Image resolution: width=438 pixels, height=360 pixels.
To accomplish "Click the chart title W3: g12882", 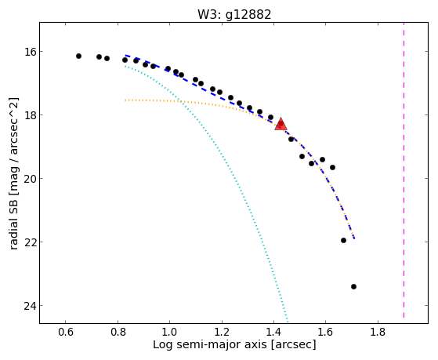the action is click(x=234, y=14).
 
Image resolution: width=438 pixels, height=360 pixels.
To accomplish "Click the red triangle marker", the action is click(x=281, y=125).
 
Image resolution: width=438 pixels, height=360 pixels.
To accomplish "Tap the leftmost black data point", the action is click(x=78, y=56).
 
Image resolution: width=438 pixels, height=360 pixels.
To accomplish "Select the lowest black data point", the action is click(x=353, y=286).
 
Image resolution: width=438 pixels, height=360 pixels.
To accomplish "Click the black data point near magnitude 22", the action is click(x=344, y=240).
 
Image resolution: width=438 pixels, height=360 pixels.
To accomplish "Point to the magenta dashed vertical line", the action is click(x=404, y=170).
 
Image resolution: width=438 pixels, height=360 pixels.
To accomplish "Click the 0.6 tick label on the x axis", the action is click(x=66, y=333).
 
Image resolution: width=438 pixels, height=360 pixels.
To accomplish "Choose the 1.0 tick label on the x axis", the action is click(x=169, y=333).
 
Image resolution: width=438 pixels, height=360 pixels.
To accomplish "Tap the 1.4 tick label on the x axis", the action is click(x=273, y=333).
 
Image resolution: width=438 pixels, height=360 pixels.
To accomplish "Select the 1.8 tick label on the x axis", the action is click(x=378, y=333).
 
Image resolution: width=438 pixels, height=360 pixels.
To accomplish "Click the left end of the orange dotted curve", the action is click(x=125, y=100).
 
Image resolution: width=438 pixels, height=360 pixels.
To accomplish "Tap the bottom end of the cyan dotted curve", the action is click(x=287, y=321).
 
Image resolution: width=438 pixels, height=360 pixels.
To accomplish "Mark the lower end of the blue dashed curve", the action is click(x=354, y=238).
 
